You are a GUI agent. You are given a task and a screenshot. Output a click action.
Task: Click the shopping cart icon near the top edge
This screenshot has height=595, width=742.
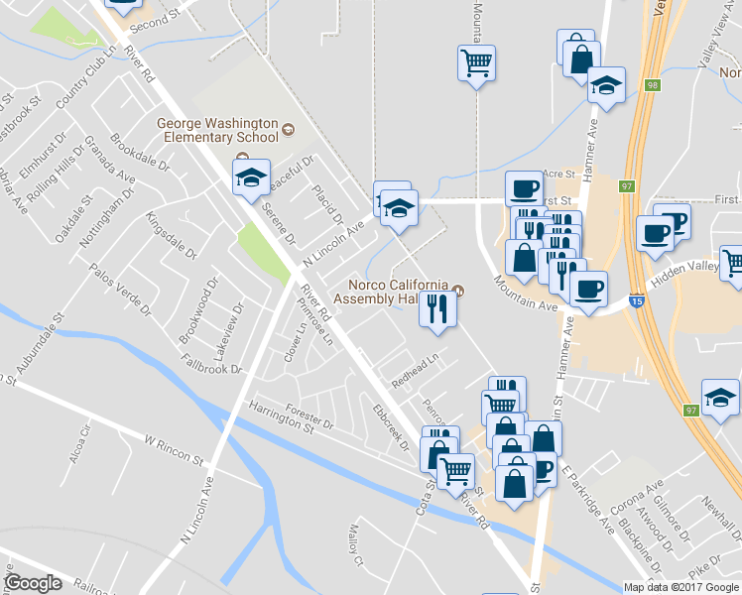477,63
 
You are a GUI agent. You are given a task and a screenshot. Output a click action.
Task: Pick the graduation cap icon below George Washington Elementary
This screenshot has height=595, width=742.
252,178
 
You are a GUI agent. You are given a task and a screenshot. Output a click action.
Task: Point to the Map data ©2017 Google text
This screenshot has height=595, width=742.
681,587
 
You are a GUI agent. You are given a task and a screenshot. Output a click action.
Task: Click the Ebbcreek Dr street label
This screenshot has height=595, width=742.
390,426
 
